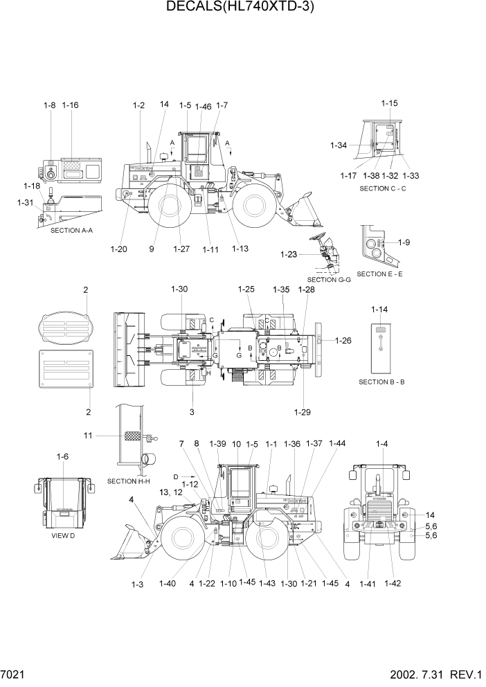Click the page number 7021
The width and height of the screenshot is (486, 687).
[15, 674]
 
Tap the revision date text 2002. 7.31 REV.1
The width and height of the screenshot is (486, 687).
[429, 674]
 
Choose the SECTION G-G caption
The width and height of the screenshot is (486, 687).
[330, 279]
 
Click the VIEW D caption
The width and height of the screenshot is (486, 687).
[63, 535]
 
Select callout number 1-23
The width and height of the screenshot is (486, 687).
[289, 255]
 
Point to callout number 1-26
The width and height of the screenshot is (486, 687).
[343, 340]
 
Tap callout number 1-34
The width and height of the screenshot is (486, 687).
[339, 145]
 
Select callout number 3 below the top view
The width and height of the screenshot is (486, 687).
[192, 412]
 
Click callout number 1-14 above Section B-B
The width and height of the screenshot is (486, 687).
[379, 309]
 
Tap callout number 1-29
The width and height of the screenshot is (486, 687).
[302, 412]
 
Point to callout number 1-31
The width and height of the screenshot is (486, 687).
[25, 202]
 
